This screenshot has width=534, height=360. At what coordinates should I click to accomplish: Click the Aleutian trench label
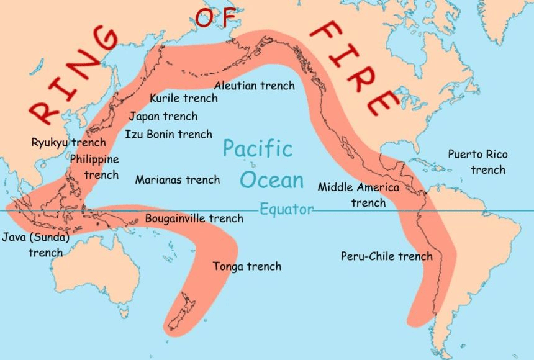254,86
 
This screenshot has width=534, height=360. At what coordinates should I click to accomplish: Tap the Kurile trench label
184,98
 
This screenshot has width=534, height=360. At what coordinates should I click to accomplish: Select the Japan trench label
163,116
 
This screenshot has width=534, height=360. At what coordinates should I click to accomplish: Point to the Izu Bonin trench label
168,134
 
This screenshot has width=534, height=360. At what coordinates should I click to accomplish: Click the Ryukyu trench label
69,143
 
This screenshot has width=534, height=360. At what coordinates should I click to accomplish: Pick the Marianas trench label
178,179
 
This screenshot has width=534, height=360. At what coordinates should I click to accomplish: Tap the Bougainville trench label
194,218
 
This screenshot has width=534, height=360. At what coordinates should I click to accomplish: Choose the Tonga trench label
247,266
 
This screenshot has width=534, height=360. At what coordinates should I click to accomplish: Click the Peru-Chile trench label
386,256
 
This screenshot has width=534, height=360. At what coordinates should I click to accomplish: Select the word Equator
286,209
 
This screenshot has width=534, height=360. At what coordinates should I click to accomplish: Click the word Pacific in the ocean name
258,149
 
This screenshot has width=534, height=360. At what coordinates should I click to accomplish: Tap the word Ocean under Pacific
272,180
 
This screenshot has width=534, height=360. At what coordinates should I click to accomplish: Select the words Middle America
359,187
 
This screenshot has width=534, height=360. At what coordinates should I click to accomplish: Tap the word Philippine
94,159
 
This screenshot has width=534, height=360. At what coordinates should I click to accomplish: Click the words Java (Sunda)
35,237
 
